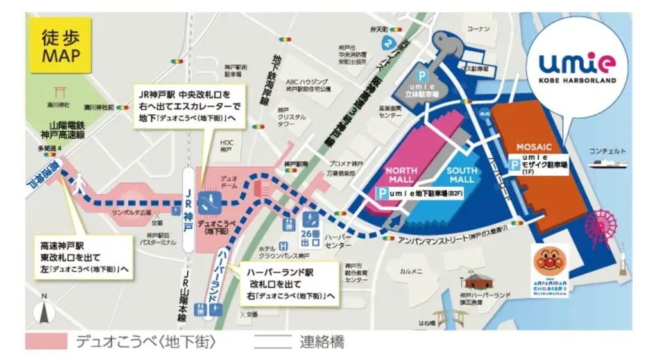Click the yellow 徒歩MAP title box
coord(61,46)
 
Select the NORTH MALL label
coord(402,175)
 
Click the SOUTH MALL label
coord(462,175)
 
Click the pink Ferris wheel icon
coord(601,225)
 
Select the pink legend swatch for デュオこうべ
coord(46,341)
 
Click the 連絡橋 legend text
coord(321,341)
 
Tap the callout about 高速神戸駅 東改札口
coord(84,256)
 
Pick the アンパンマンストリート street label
coord(449,237)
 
